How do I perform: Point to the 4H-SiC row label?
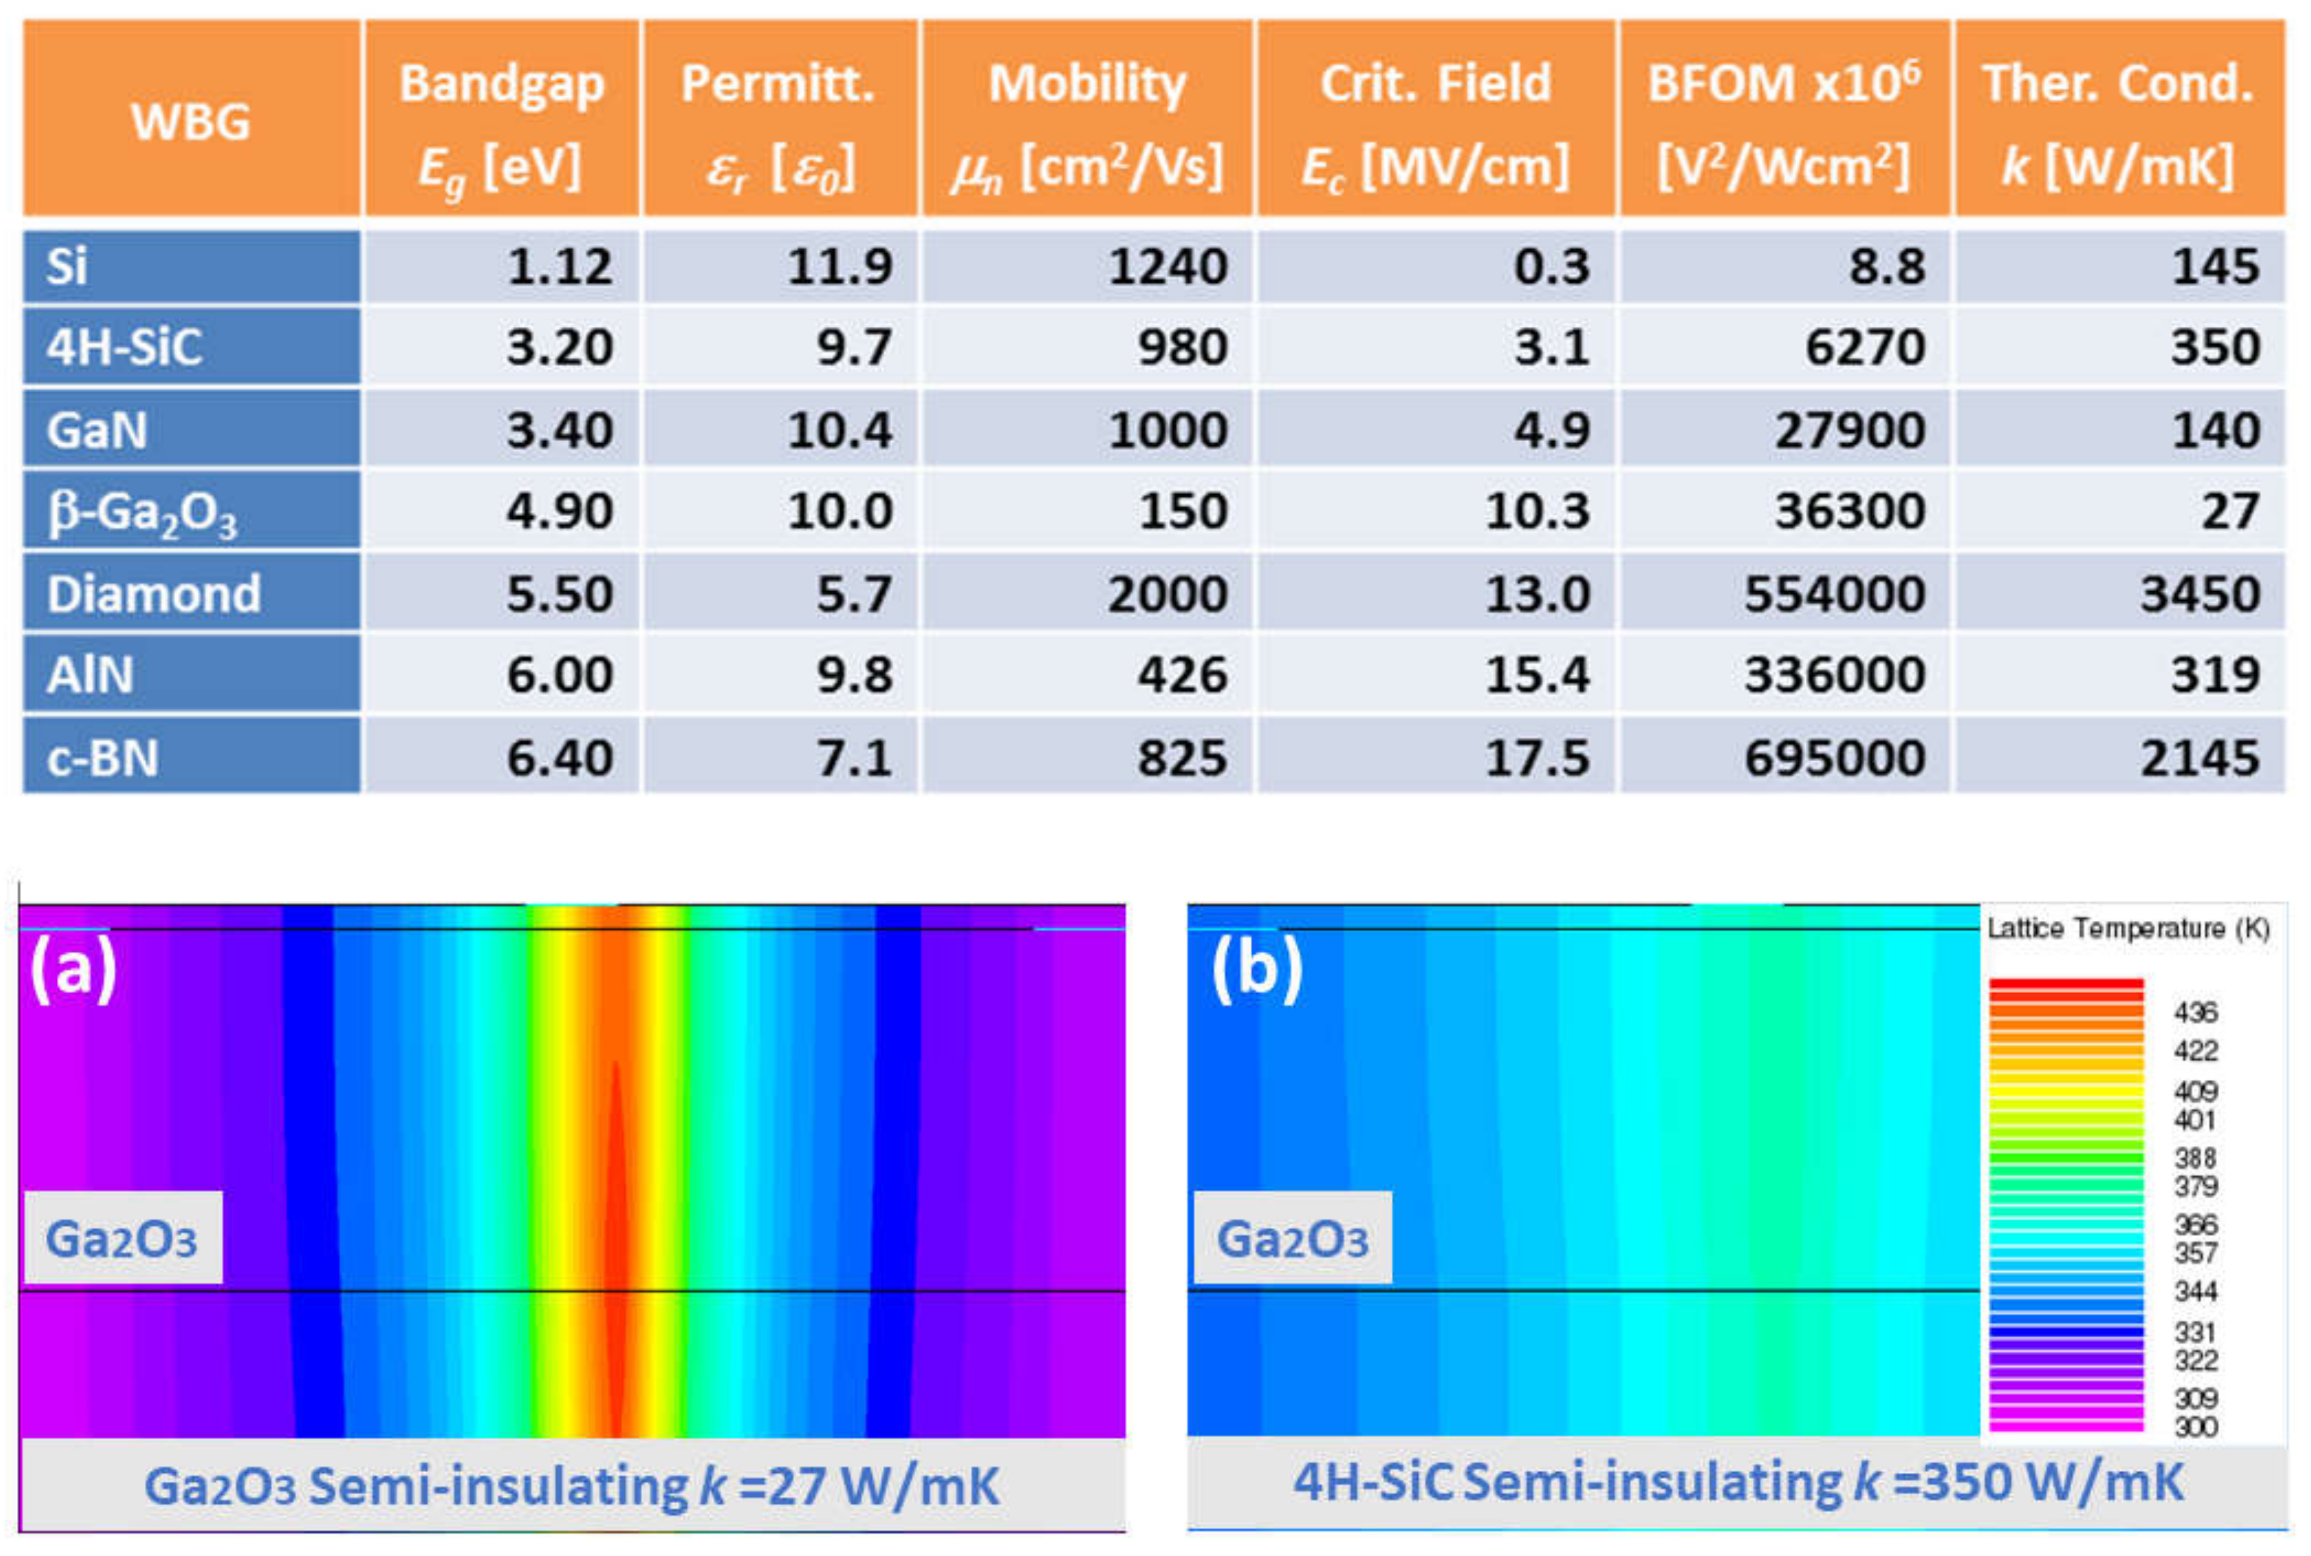(124, 347)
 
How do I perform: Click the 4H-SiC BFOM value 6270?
(1864, 347)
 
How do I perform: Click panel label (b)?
(1256, 969)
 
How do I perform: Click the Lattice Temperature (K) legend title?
(2128, 929)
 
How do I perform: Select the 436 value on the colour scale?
(2195, 1012)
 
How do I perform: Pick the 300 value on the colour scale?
(2195, 1427)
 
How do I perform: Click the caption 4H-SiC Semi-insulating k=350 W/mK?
(1737, 1482)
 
